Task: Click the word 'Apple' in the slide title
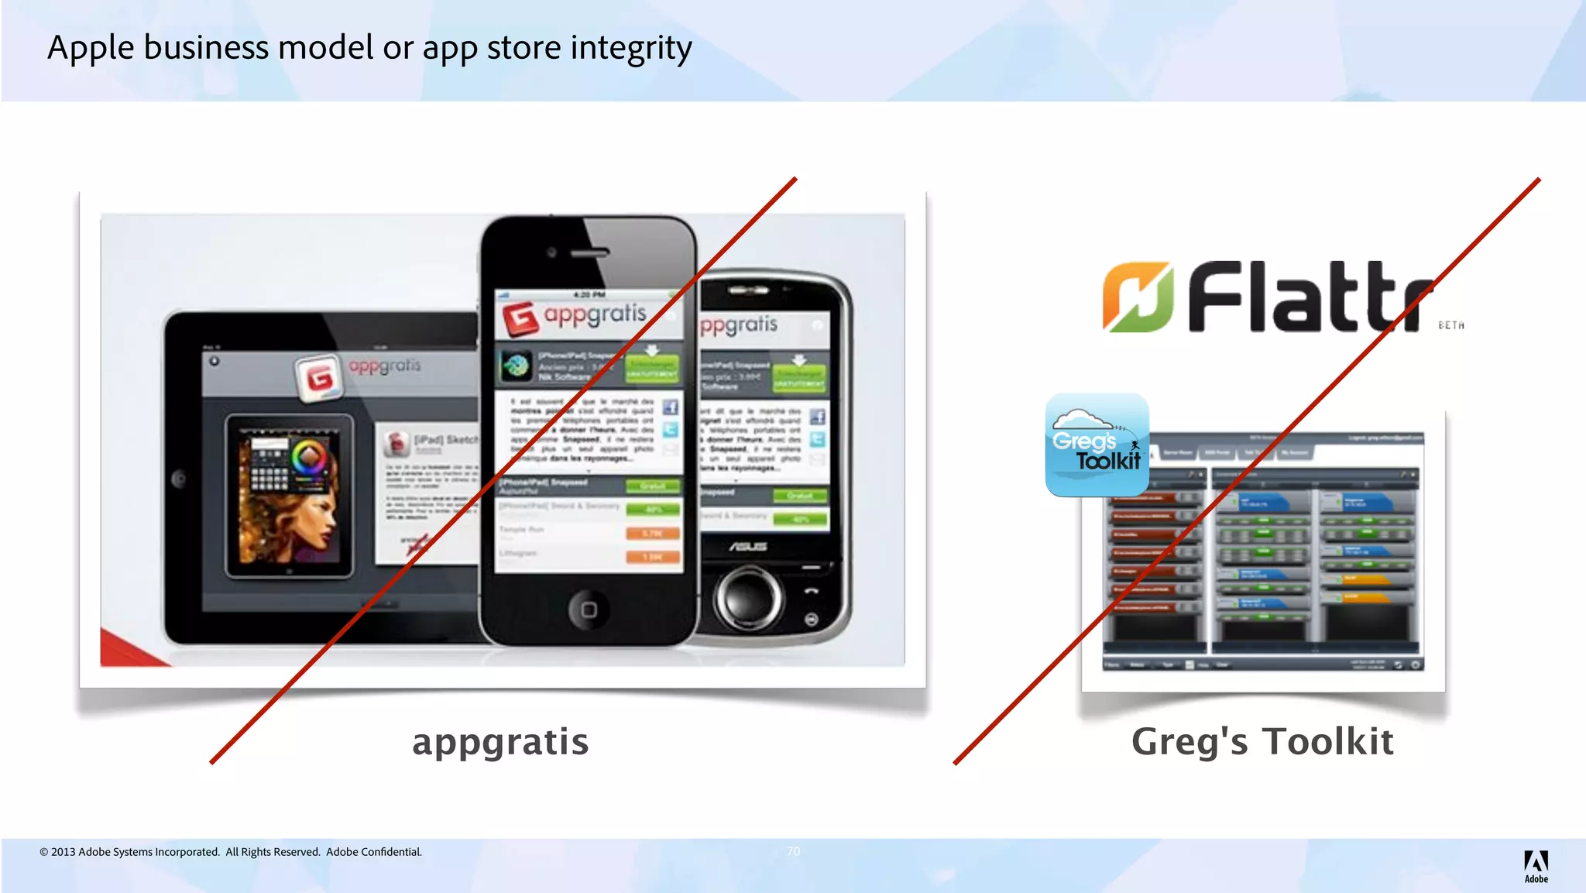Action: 91,49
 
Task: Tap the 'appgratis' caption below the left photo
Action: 500,742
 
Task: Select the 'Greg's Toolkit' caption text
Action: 1262,742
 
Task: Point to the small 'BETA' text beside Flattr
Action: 1451,326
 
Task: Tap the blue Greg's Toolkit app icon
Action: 1097,445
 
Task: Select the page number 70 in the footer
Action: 793,851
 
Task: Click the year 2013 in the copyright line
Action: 63,852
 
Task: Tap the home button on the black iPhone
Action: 589,610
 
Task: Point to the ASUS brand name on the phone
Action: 747,547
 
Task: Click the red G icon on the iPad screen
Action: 319,378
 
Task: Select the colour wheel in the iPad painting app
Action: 309,457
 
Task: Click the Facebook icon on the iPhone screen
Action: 670,407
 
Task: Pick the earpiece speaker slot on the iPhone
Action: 590,252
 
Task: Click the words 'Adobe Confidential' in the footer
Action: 374,852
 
